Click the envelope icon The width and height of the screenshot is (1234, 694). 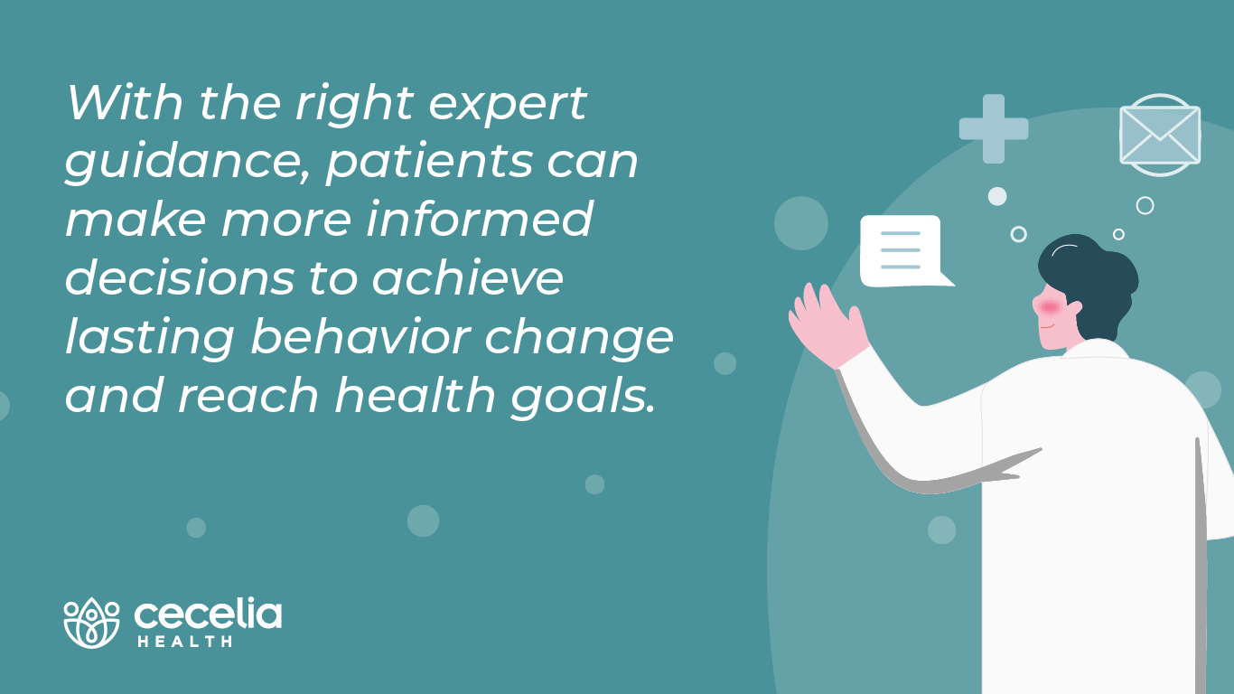click(1160, 135)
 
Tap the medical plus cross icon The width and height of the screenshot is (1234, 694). click(994, 128)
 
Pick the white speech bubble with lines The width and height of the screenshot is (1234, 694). click(901, 250)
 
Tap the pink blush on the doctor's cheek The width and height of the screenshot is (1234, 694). click(1049, 307)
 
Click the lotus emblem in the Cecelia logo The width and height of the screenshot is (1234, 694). click(91, 623)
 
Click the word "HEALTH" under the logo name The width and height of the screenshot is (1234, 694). click(184, 642)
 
